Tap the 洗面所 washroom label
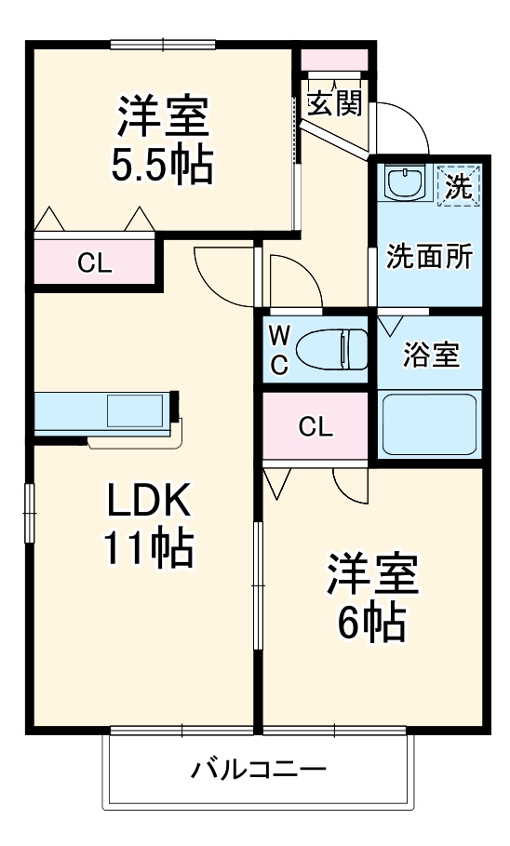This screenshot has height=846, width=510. pos(429,258)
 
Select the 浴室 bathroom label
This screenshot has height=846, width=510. pos(429,355)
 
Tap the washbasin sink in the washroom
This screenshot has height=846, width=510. pos(404,182)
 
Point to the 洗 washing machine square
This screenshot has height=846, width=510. pos(458,185)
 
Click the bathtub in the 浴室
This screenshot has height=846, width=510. pos(429,423)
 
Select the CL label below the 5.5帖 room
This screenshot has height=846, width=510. pos(94,263)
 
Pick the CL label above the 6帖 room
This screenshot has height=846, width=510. pos(315,427)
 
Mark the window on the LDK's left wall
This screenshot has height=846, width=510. pos(29,512)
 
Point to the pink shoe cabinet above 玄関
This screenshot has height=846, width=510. pos(335,58)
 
